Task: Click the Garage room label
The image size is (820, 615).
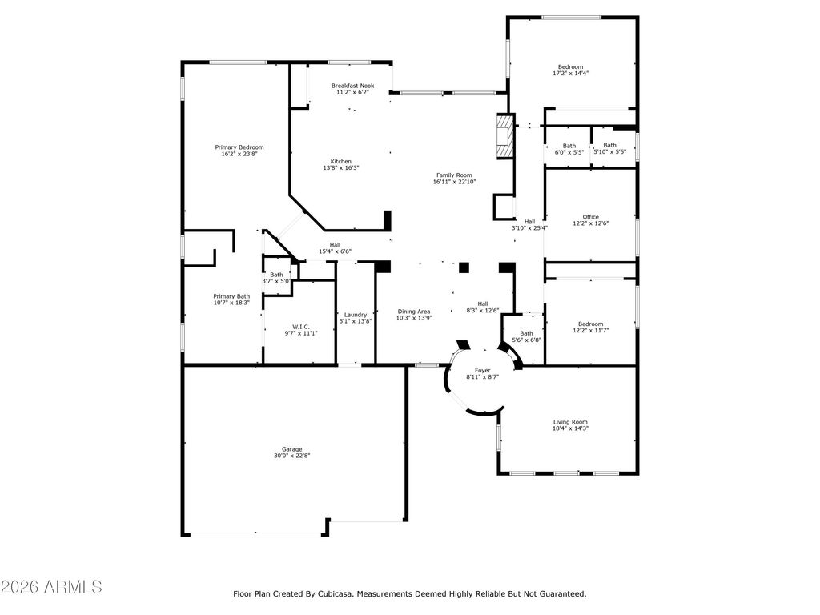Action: [291, 449]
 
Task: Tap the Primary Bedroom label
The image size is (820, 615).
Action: [239, 147]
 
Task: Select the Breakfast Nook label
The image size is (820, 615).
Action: [352, 86]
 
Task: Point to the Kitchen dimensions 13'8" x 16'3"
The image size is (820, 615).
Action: [341, 168]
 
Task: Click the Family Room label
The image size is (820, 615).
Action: [455, 175]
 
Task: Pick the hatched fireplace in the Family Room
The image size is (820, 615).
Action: [506, 136]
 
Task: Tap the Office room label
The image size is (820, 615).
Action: [590, 217]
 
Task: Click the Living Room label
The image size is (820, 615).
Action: [570, 422]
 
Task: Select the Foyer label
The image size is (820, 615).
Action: [482, 370]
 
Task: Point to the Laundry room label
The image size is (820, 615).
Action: [356, 315]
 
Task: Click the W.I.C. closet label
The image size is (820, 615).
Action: [301, 327]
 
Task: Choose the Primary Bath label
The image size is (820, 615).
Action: [231, 296]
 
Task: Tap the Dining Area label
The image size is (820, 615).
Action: [414, 312]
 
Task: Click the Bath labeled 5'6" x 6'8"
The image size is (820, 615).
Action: [527, 336]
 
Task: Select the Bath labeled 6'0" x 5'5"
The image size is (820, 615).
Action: [569, 149]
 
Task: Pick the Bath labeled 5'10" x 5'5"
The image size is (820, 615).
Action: [609, 148]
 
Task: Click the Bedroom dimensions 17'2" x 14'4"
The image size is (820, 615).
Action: [570, 73]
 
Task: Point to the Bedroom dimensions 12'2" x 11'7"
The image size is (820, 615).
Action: [590, 331]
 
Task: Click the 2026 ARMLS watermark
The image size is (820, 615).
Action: [51, 587]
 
